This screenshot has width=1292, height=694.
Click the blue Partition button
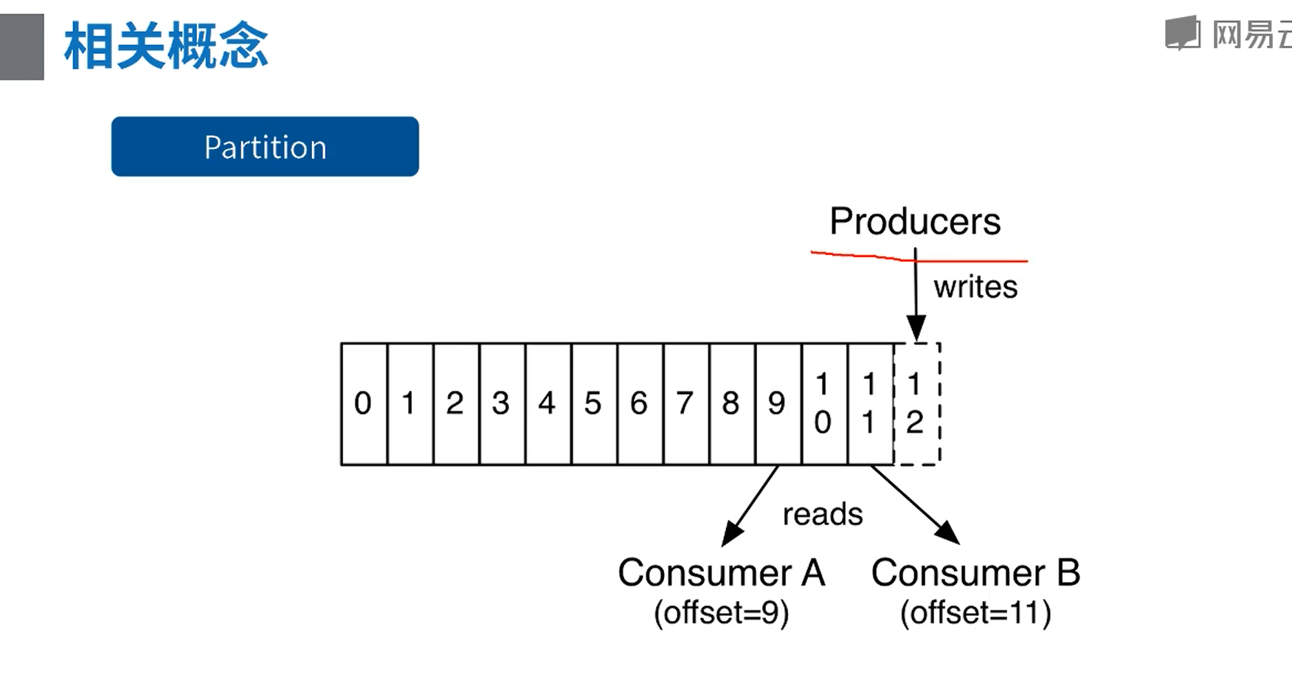[x=265, y=147]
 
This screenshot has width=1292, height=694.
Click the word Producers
[x=915, y=221]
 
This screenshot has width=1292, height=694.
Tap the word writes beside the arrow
[x=975, y=287]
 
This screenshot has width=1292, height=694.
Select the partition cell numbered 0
[x=363, y=403]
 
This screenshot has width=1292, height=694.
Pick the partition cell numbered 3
[x=501, y=403]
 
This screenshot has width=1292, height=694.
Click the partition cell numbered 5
[x=593, y=403]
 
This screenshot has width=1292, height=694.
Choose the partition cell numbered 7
[x=685, y=403]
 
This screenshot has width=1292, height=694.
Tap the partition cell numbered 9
[x=777, y=403]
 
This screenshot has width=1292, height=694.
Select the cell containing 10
[x=823, y=403]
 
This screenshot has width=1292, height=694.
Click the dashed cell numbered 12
[x=916, y=403]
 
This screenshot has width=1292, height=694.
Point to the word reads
[x=822, y=514]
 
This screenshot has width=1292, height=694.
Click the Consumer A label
[x=721, y=573]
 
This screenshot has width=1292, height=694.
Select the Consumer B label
[x=975, y=573]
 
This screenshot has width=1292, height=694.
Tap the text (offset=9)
[x=721, y=612]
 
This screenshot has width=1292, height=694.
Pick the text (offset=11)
[x=975, y=612]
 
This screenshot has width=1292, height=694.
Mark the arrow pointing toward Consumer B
[x=916, y=506]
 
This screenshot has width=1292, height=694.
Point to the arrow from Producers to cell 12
[x=916, y=295]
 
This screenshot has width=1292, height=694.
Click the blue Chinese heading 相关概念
[x=166, y=46]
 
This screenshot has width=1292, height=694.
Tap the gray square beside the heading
[x=21, y=46]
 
